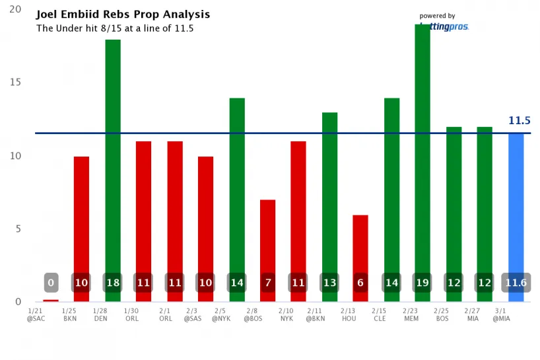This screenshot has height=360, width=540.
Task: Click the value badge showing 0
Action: click(x=51, y=283)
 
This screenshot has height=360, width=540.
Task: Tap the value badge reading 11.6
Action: click(x=516, y=283)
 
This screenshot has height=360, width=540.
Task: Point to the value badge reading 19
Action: click(x=422, y=283)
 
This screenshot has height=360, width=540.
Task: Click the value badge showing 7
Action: click(x=267, y=283)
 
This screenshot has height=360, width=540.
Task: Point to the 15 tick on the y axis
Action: click(x=15, y=83)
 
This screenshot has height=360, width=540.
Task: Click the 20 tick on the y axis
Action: click(x=15, y=10)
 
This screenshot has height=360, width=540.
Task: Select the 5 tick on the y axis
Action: click(x=18, y=229)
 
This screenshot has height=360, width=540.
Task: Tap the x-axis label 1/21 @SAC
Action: click(x=36, y=314)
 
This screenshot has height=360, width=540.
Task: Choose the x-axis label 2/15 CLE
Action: click(x=379, y=314)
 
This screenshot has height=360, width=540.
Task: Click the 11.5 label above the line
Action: click(x=519, y=121)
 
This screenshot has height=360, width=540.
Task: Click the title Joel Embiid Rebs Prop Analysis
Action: click(x=123, y=14)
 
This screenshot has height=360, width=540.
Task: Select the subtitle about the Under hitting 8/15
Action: click(x=114, y=28)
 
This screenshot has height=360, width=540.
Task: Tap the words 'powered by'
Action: click(x=437, y=16)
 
